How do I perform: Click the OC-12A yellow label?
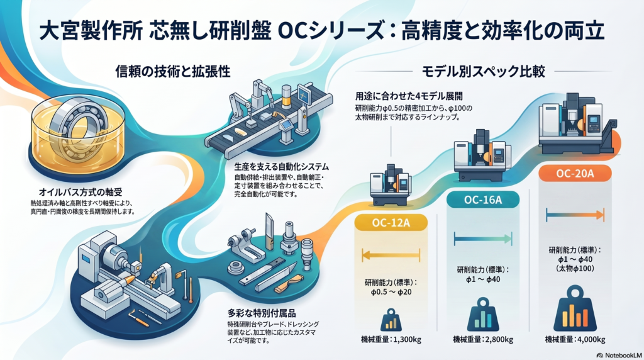[391, 223]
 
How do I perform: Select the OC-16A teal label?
[482, 200]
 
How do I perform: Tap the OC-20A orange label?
[575, 174]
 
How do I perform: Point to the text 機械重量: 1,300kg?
[391, 339]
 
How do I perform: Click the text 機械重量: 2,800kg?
[483, 339]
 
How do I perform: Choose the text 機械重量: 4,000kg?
[575, 339]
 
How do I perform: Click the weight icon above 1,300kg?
[391, 320]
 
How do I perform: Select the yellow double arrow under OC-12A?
[391, 255]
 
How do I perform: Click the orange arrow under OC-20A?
[575, 215]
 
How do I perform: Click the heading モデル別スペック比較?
[484, 72]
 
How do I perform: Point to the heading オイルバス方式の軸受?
[80, 192]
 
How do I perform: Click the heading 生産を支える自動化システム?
[281, 167]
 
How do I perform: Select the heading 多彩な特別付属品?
[262, 313]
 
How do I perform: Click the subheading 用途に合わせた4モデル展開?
[409, 96]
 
